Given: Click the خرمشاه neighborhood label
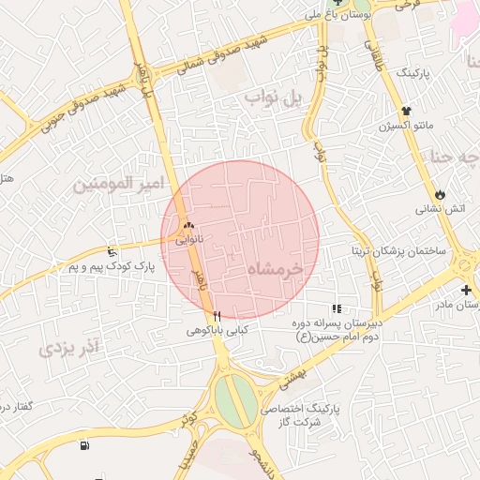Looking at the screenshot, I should pyautogui.click(x=277, y=269).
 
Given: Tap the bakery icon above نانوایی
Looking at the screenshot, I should pyautogui.click(x=189, y=226).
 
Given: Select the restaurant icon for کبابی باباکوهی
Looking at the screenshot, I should pyautogui.click(x=217, y=316).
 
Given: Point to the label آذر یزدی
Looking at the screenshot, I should pyautogui.click(x=68, y=349).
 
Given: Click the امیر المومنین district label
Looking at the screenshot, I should pyautogui.click(x=110, y=183).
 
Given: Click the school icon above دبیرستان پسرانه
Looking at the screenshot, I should pyautogui.click(x=336, y=308).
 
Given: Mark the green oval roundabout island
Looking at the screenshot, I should pyautogui.click(x=234, y=397).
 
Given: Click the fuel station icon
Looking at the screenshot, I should pyautogui.click(x=85, y=445).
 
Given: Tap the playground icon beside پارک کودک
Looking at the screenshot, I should pyautogui.click(x=112, y=251).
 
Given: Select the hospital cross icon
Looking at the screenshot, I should pyautogui.click(x=466, y=290).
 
